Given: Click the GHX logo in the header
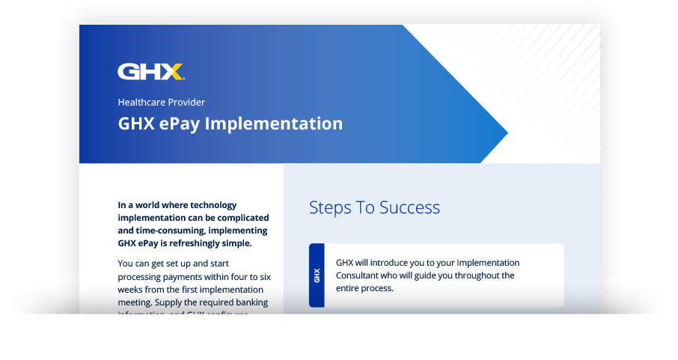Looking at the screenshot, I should click(150, 72).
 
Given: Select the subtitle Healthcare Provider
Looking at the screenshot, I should click(161, 102).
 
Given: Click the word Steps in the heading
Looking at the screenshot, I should click(330, 207).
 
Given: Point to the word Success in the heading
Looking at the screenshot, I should click(409, 207).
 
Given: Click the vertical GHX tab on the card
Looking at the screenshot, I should click(317, 275).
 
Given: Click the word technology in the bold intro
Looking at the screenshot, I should click(213, 205).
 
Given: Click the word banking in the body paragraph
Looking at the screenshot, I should click(247, 302).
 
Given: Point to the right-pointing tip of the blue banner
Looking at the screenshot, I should click(507, 134).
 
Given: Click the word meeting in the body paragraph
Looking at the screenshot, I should click(135, 302).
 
